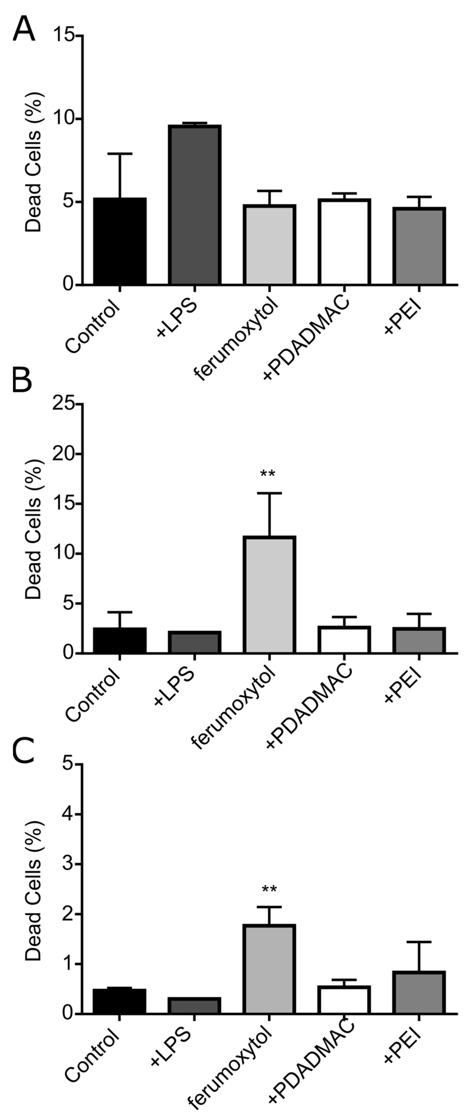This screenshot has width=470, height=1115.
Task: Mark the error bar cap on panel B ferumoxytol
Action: [x=270, y=493]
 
